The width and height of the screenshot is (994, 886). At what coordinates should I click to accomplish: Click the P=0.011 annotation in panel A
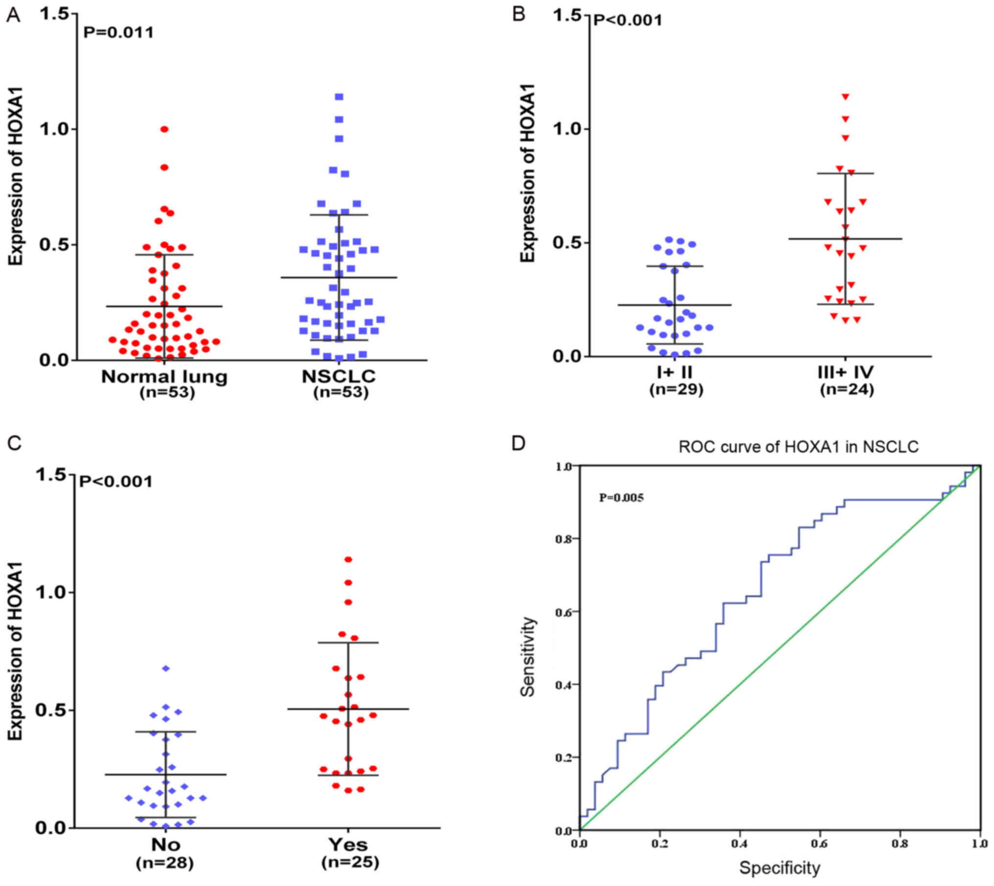[118, 33]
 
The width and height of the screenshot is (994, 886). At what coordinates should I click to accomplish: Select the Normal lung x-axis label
[164, 376]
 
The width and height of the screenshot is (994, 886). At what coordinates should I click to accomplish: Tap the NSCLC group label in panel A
[339, 376]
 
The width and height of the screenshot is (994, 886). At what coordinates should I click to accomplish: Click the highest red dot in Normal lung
[164, 129]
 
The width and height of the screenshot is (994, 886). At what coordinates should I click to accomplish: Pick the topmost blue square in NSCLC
[339, 97]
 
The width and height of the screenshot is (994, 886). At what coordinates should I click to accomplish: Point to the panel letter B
[518, 15]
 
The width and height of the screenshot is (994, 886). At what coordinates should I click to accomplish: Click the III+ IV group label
[845, 373]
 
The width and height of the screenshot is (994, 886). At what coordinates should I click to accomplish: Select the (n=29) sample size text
[676, 389]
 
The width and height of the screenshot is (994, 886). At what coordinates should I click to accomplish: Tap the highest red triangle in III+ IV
[845, 97]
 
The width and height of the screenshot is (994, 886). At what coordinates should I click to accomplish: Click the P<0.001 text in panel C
[116, 481]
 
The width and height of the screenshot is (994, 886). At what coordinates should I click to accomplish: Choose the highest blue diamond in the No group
[166, 668]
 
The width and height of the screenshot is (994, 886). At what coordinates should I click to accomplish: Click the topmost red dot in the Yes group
[348, 559]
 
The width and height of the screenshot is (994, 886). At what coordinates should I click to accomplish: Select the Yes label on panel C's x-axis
[348, 844]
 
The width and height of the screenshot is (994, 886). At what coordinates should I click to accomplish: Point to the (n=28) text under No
[165, 862]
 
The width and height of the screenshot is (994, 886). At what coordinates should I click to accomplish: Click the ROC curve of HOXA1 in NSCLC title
[798, 447]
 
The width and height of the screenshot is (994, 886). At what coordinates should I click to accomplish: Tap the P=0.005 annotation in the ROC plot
[621, 498]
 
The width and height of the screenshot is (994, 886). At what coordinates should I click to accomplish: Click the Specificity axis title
[779, 868]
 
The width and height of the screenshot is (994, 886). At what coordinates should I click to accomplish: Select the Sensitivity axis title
[528, 656]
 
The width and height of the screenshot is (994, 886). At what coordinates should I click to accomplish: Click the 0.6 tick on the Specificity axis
[819, 843]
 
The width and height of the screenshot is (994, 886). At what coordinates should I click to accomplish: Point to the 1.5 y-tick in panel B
[567, 16]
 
